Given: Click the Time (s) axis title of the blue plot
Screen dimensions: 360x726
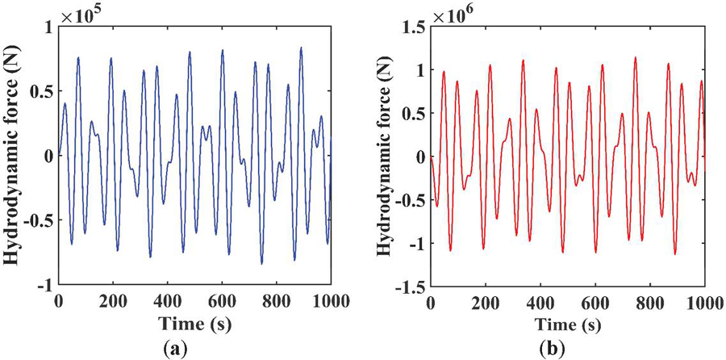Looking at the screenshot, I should click(x=194, y=327).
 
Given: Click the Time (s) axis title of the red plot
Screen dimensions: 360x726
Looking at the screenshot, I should click(x=568, y=327).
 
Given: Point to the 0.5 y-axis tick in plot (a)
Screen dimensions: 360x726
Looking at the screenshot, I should click(x=39, y=91).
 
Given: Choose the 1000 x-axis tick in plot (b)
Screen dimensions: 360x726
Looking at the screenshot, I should click(x=703, y=303).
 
